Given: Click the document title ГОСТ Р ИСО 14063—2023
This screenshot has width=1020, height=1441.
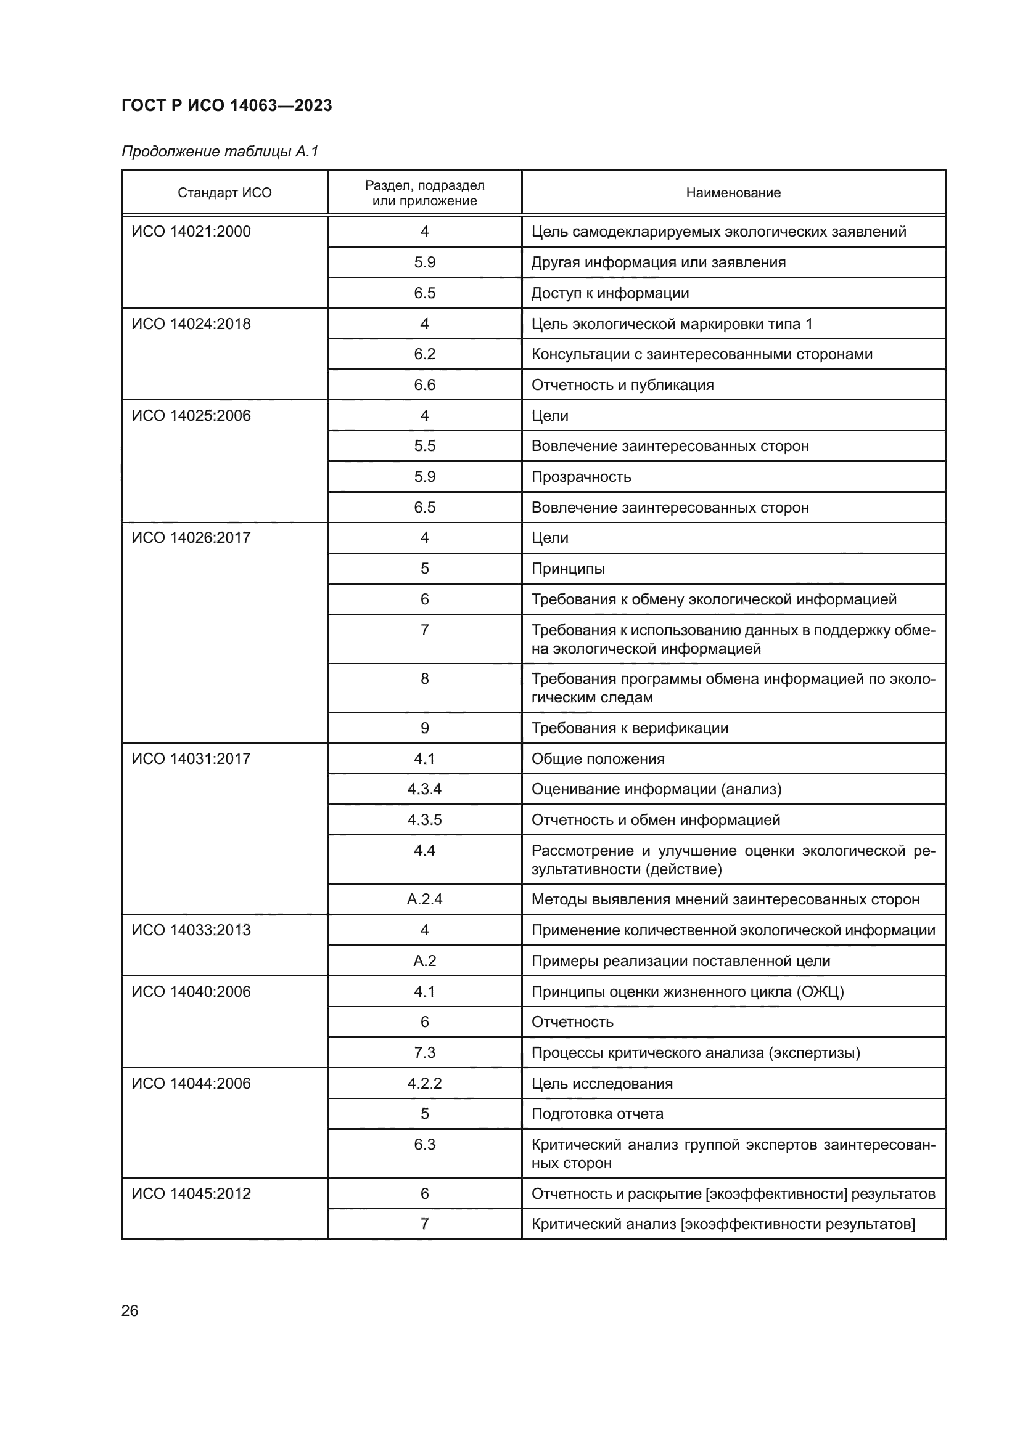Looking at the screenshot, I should pos(226,105).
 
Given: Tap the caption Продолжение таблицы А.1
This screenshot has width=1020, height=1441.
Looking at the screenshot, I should pos(220,152).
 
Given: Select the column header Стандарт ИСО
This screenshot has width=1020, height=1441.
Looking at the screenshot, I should pos(224,193).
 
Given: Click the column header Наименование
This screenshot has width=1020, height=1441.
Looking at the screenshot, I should pos(733,193).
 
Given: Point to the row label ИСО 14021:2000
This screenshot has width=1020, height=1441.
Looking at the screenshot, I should pos(191,232).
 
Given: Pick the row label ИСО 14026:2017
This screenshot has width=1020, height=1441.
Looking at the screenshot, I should pos(191,538).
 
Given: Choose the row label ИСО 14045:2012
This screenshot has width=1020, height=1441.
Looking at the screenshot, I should pos(191,1194).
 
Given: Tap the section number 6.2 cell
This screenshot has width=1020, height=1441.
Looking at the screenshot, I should pos(424,354).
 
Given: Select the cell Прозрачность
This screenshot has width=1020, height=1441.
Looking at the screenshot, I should pos(581,477).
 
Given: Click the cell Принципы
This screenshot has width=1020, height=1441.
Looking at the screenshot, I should pos(568,569).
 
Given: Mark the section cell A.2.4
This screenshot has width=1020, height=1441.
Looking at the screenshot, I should pos(424,899).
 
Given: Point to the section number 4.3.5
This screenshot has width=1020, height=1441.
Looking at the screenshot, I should pos(424,819).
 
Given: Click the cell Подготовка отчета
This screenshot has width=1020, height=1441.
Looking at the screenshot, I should pos(598,1113).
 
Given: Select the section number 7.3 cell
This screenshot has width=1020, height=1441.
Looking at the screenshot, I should pos(424,1052).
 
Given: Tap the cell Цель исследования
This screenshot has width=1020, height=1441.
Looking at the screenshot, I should pos(602,1083).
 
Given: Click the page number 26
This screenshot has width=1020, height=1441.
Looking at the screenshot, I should pos(130,1310).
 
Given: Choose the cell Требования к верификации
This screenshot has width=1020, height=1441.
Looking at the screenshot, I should pos(630,728).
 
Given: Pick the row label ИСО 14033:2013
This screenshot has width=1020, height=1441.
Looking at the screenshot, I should pos(191,930).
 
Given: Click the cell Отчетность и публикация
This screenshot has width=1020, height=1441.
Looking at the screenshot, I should pos(622,384).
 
